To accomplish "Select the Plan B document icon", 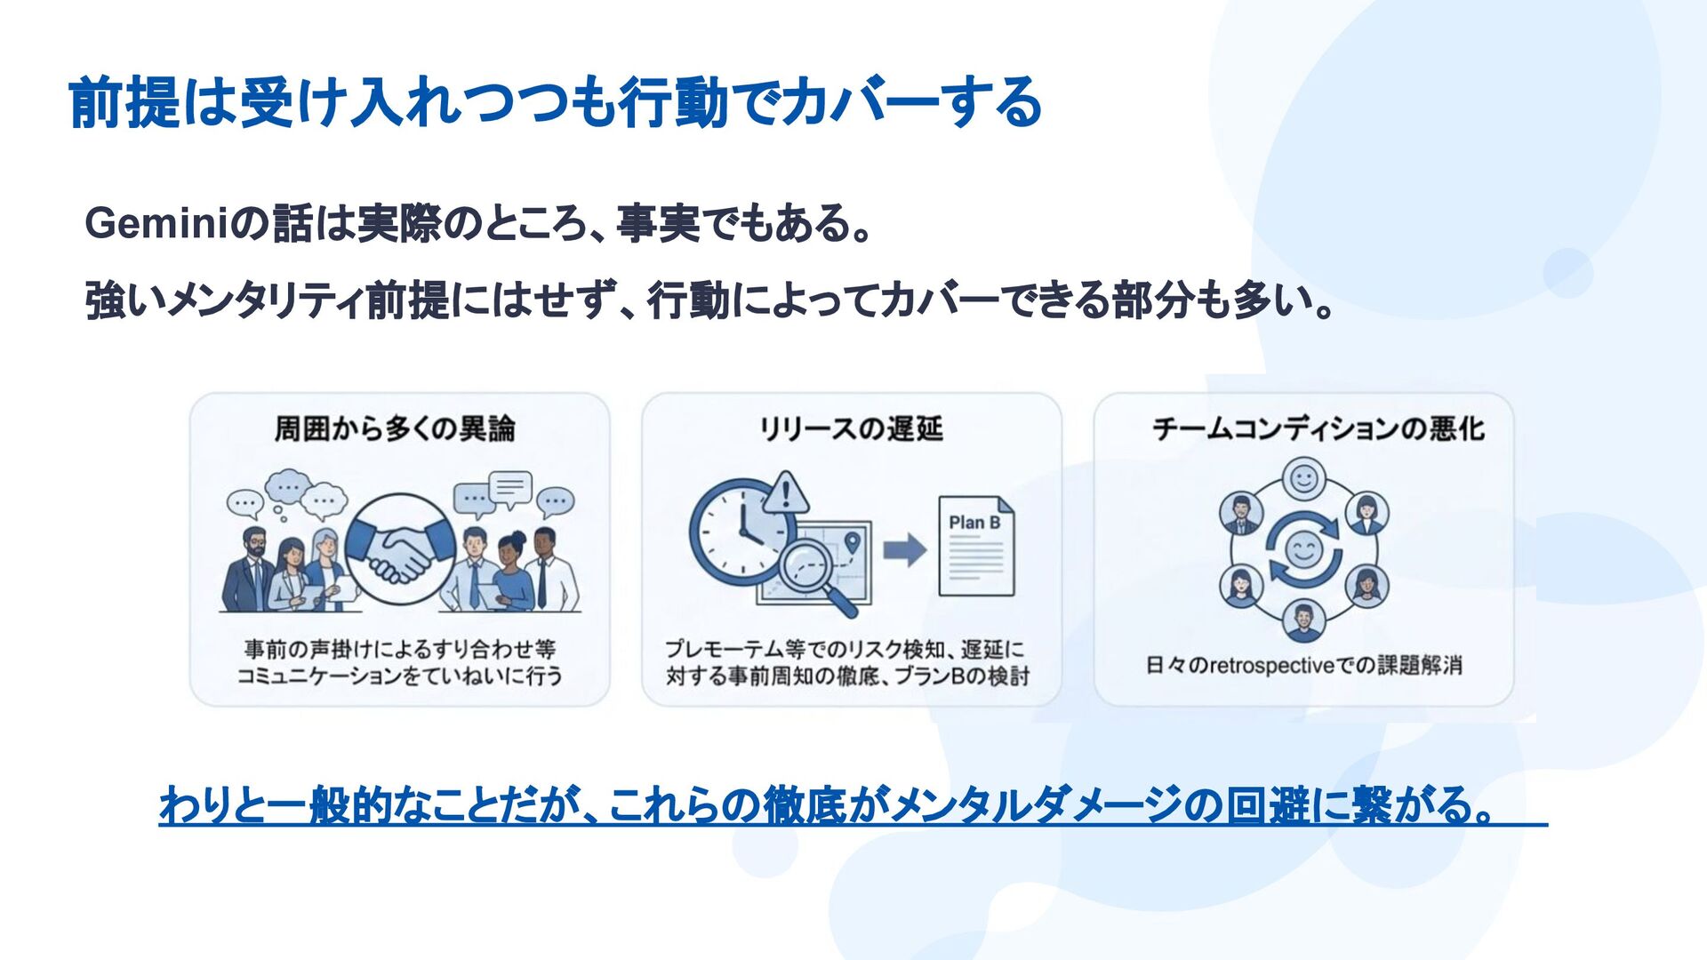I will pyautogui.click(x=976, y=546).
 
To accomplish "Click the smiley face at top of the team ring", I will pyautogui.click(x=1303, y=480).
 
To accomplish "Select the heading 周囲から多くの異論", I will pyautogui.click(x=395, y=429).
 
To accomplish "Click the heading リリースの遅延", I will pyautogui.click(x=851, y=429).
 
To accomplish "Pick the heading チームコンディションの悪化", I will pyautogui.click(x=1318, y=429).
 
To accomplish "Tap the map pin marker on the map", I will pyautogui.click(x=852, y=540).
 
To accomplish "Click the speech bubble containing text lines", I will pyautogui.click(x=510, y=487).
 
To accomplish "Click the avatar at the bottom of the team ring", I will pyautogui.click(x=1303, y=619).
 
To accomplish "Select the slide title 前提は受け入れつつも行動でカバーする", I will pyautogui.click(x=555, y=102).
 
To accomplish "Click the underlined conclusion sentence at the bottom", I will pyautogui.click(x=827, y=806).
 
